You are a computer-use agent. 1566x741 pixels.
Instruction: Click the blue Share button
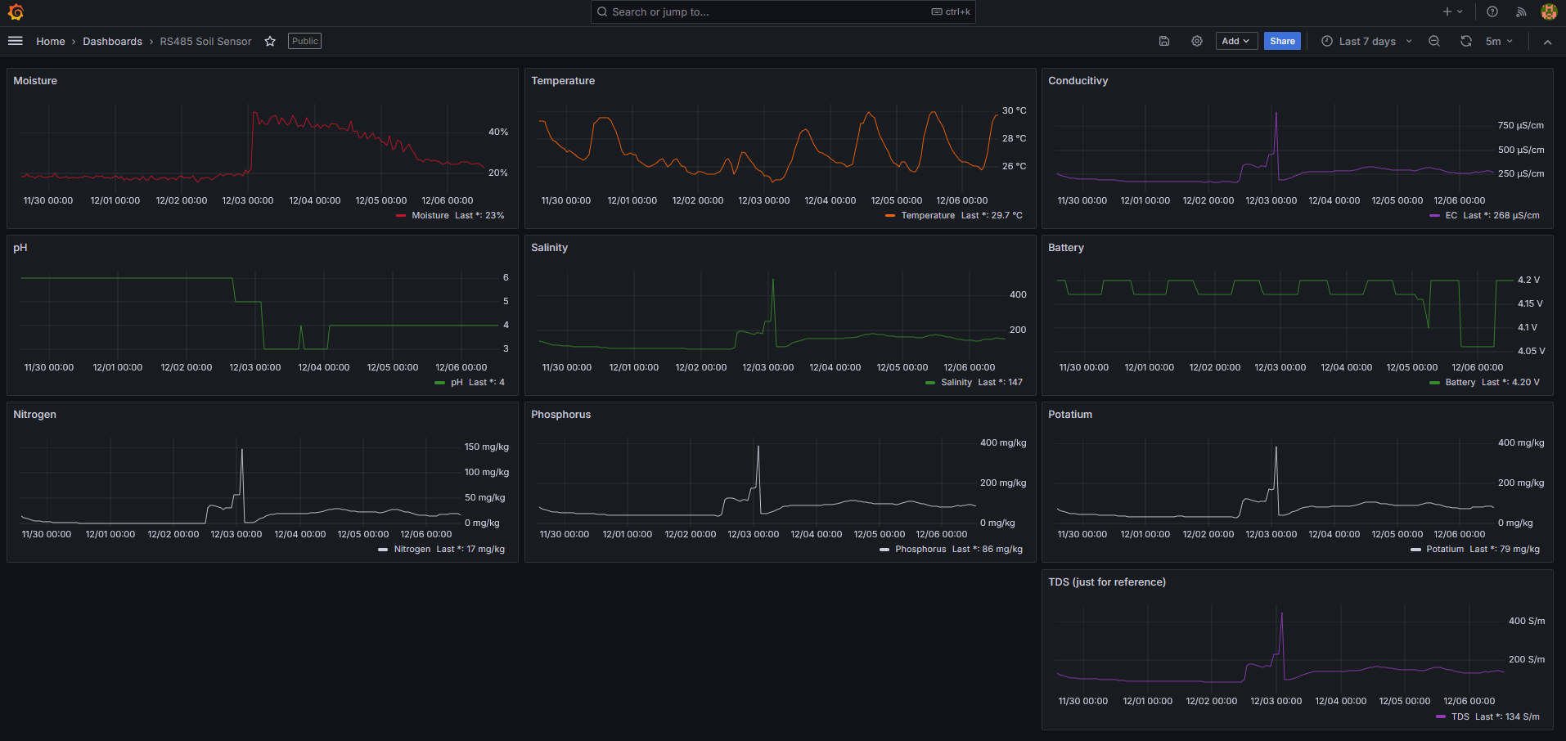(x=1281, y=41)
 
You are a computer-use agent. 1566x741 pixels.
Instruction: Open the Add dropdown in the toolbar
(x=1235, y=41)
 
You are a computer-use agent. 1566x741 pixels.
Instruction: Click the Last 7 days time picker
(x=1366, y=41)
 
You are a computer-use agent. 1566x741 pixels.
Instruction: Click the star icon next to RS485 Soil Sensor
(x=270, y=41)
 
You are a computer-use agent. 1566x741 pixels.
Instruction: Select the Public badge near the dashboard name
(x=304, y=41)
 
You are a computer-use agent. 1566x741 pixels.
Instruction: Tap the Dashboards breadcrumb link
(x=112, y=41)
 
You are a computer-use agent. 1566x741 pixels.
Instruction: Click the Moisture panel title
(x=35, y=81)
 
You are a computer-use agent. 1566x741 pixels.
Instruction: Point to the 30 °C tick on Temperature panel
(x=1014, y=110)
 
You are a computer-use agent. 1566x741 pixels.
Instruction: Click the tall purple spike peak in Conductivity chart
(x=1276, y=114)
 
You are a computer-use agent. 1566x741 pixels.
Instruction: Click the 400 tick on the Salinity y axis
(x=1018, y=294)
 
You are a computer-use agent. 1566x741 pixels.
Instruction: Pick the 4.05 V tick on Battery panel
(x=1531, y=351)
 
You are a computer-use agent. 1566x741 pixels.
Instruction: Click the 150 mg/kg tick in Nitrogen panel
(x=486, y=447)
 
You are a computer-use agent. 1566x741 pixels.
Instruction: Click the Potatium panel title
(x=1069, y=415)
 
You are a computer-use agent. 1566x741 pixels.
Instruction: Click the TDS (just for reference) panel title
(x=1106, y=582)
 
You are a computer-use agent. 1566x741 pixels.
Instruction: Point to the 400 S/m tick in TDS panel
(x=1526, y=621)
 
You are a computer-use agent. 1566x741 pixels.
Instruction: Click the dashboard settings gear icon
(x=1196, y=41)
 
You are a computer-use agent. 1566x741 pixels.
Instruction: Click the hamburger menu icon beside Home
(x=15, y=41)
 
